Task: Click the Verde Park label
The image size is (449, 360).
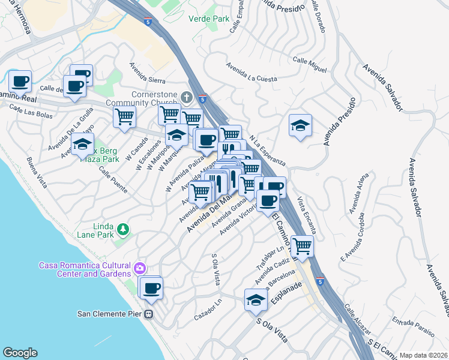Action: tap(209, 19)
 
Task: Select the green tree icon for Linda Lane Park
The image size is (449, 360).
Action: tap(122, 229)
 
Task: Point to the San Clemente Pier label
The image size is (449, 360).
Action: tap(112, 313)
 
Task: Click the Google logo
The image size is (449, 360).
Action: tap(20, 353)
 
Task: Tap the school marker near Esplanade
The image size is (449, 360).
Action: tap(256, 301)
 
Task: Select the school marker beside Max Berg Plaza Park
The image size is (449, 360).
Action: tap(82, 144)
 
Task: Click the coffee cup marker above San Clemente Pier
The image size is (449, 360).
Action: tap(151, 287)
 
